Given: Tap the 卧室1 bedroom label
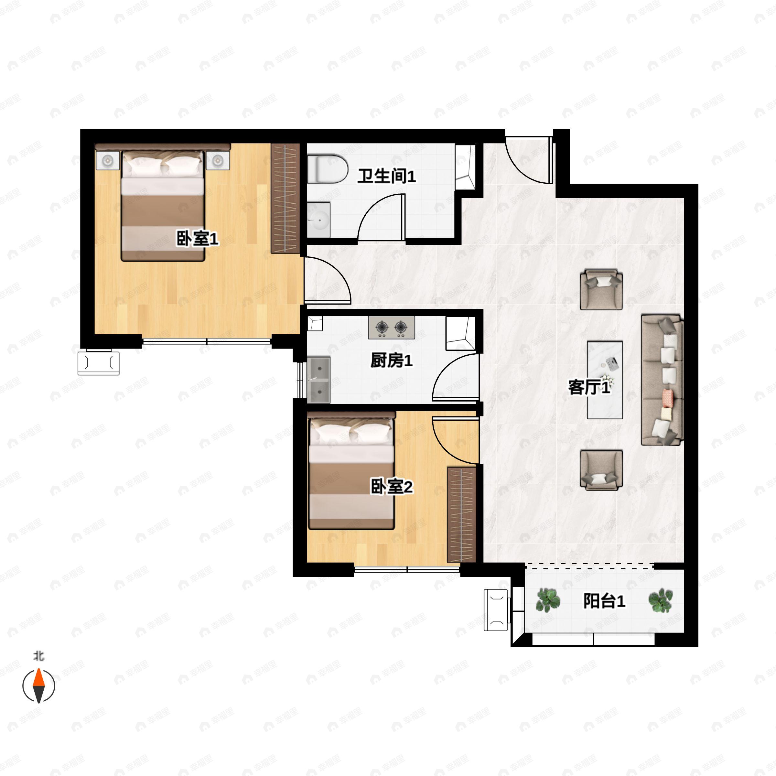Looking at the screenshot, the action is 197,239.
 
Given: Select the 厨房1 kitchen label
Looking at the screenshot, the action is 391,361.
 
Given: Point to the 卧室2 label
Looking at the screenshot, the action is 391,487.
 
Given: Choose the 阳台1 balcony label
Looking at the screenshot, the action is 604,601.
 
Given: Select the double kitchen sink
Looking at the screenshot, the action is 319,380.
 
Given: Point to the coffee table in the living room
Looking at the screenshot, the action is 605,380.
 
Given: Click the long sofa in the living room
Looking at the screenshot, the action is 662,380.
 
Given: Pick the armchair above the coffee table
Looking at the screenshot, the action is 601,289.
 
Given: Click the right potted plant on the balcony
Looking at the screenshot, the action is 661,600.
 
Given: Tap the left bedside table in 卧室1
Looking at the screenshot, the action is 108,161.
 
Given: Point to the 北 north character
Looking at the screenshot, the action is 38,656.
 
